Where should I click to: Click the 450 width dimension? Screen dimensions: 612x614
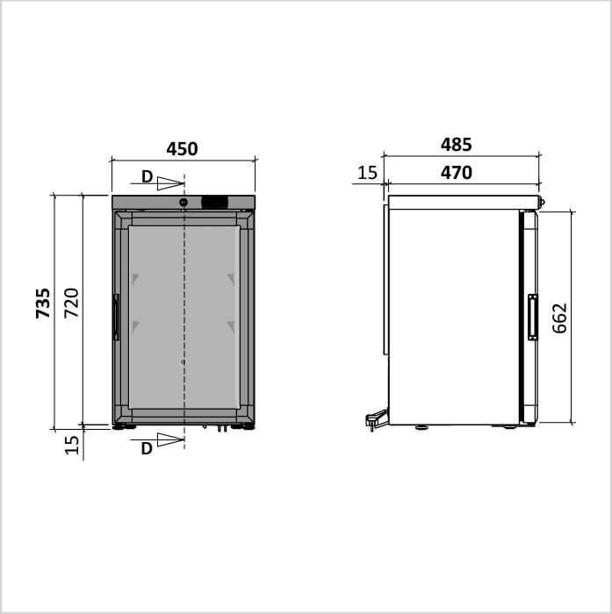[x=182, y=149]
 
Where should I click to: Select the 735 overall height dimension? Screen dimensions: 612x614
[x=43, y=303]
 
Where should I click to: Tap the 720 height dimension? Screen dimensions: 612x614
[x=72, y=303]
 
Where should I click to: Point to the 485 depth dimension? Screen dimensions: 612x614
[x=456, y=145]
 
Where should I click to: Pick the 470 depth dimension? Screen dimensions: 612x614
[x=456, y=173]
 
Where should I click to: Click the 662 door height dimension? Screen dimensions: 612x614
[x=559, y=318]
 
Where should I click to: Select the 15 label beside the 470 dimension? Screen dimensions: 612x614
[x=367, y=173]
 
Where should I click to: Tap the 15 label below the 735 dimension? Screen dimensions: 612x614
[x=72, y=446]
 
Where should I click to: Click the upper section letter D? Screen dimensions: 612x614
[x=147, y=177]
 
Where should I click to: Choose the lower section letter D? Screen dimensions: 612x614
[x=147, y=449]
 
